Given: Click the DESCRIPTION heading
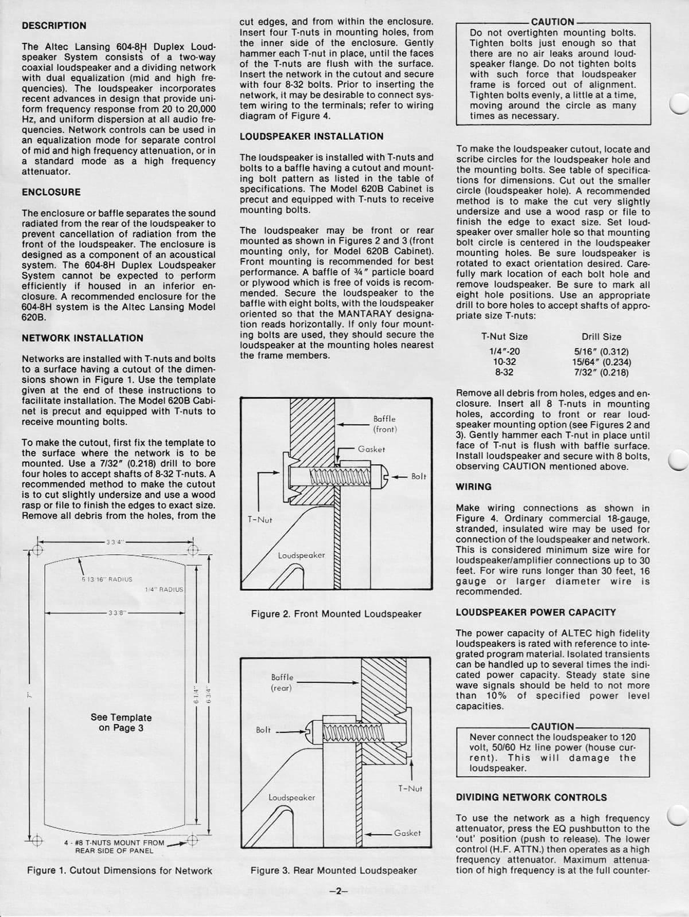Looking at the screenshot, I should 54,26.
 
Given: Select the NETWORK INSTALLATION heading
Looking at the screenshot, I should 83,338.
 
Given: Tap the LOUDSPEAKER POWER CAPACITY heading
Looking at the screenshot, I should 536,612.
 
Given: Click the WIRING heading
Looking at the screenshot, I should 474,487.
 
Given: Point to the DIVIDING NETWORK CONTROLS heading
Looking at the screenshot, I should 531,797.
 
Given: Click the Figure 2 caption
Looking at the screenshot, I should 336,614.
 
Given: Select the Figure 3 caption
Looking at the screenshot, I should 334,870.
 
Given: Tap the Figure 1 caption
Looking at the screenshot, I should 120,871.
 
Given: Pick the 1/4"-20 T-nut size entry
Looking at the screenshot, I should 504,352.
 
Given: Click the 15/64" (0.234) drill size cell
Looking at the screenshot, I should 601,362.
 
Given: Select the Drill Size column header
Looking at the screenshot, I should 601,337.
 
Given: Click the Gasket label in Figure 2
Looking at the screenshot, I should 371,449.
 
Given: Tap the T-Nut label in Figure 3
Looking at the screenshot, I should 410,789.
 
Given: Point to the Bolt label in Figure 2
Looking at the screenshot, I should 419,476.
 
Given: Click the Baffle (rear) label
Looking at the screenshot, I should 282,683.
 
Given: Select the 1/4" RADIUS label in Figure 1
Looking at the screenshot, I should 164,589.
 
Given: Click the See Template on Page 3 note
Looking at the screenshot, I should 121,723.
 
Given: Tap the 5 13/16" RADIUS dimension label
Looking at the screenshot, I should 107,579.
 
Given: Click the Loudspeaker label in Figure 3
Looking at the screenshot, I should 291,797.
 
